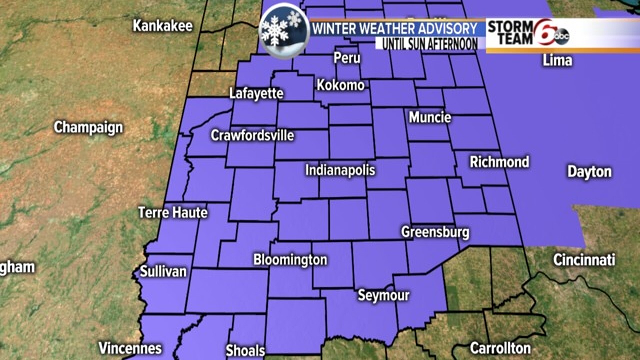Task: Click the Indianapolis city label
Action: pyautogui.click(x=340, y=170)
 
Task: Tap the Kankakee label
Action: pyautogui.click(x=162, y=26)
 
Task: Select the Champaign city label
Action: pyautogui.click(x=88, y=127)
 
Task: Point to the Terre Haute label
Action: pyautogui.click(x=172, y=212)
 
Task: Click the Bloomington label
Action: pyautogui.click(x=290, y=260)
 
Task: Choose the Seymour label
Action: pyautogui.click(x=383, y=295)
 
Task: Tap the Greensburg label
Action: pyautogui.click(x=435, y=232)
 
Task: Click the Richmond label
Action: pyautogui.click(x=499, y=162)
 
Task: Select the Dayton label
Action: pyautogui.click(x=589, y=172)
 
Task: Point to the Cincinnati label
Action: pyautogui.click(x=584, y=260)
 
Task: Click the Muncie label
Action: pyautogui.click(x=430, y=117)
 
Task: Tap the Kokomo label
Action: pyautogui.click(x=340, y=85)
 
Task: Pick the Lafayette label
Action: pyautogui.click(x=256, y=93)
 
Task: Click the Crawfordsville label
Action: pyautogui.click(x=252, y=135)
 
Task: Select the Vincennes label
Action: pyautogui.click(x=130, y=348)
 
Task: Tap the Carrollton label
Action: pyautogui.click(x=500, y=347)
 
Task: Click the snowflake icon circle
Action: pyautogui.click(x=283, y=31)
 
